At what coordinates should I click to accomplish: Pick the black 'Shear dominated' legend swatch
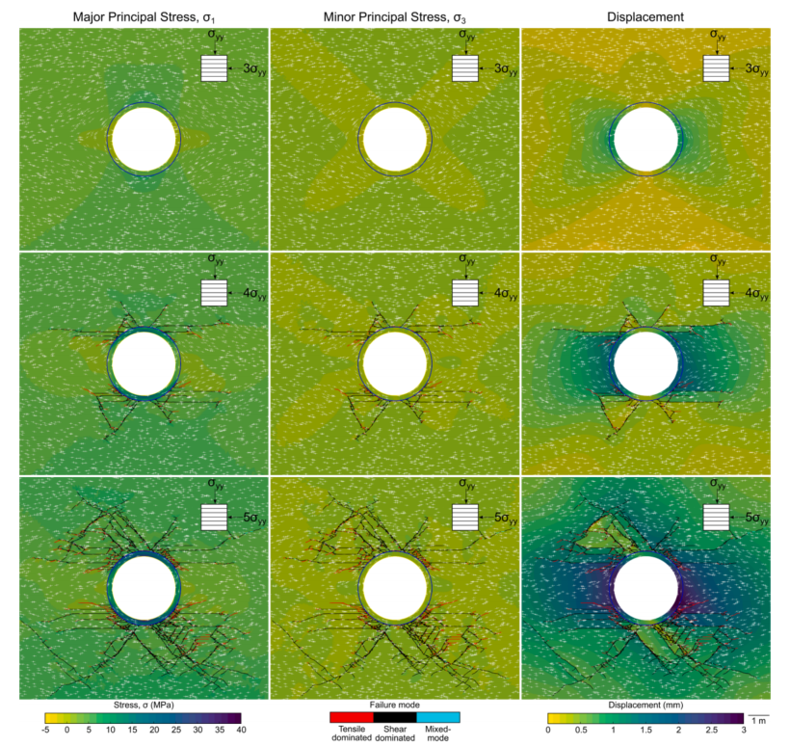(394, 717)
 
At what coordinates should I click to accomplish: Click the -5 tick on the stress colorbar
(45, 730)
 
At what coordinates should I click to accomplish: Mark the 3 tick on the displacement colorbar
(743, 730)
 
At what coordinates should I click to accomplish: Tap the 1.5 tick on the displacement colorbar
(645, 730)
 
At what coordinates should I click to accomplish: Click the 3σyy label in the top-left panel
(254, 69)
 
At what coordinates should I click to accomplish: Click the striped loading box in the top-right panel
(716, 68)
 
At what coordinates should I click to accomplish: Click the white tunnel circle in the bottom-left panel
(144, 589)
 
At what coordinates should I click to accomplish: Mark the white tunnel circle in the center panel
(394, 364)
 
